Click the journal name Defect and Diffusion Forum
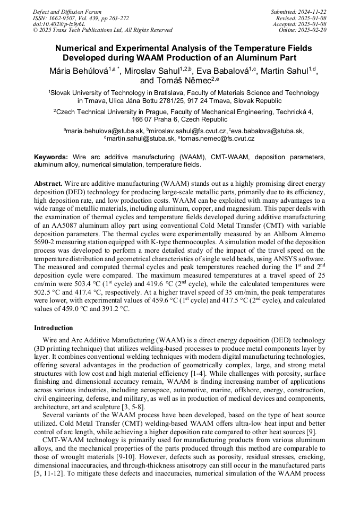(67, 12)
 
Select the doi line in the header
(55, 24)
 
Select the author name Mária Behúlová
(79, 71)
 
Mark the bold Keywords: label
(51, 157)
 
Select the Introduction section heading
(54, 327)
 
